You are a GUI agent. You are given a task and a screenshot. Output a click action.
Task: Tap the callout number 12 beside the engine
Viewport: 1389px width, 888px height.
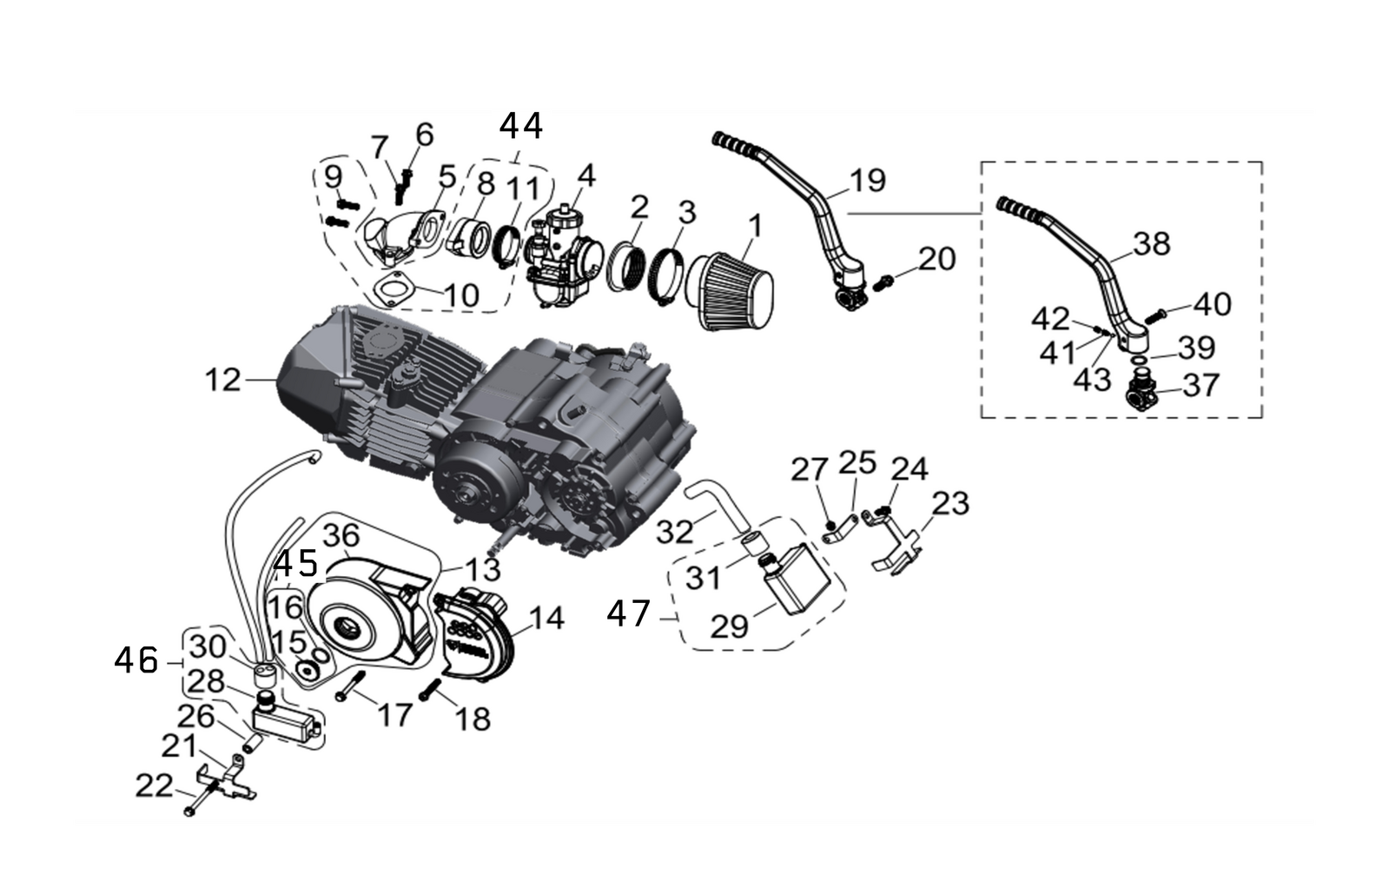point(222,380)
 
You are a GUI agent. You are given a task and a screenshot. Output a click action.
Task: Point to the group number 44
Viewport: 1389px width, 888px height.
point(521,127)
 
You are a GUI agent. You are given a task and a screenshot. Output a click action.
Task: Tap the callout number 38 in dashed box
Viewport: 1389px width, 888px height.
point(1152,244)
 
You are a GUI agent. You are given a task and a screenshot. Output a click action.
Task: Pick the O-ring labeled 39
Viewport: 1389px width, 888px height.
point(1138,357)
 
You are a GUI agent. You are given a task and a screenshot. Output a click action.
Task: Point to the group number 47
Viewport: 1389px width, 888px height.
point(628,614)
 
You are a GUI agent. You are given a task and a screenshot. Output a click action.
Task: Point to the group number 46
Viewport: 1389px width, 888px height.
point(136,661)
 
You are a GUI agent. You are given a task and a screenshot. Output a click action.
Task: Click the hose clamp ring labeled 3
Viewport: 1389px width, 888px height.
point(668,263)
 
